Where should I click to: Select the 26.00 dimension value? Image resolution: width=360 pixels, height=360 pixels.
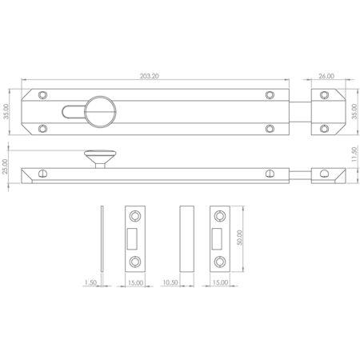(x=326, y=77)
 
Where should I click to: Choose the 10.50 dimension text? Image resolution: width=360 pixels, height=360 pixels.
(x=186, y=281)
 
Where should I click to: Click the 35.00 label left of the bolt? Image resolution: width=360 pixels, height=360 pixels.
(x=8, y=113)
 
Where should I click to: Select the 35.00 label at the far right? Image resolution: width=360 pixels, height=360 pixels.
(x=354, y=113)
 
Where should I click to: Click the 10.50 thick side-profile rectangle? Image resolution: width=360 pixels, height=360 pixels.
(x=186, y=238)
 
